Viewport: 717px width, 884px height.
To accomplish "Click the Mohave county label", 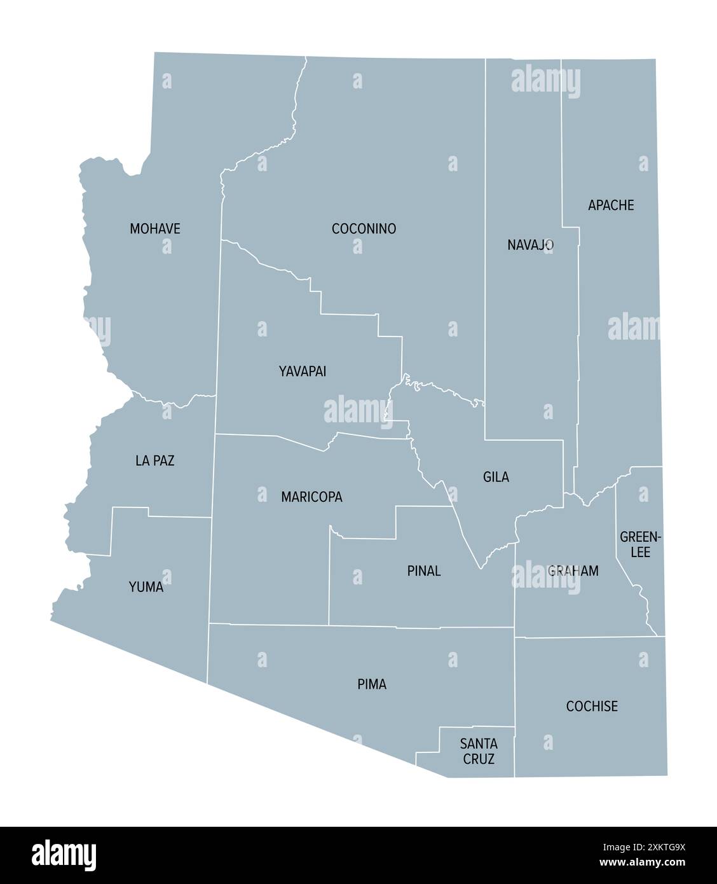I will tap(155, 228).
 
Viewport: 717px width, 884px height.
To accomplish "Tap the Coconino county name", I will tap(364, 228).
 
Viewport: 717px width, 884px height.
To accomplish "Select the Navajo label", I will tap(530, 244).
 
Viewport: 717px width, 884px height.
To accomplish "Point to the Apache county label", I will tap(611, 205).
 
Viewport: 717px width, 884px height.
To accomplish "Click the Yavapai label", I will tap(303, 371).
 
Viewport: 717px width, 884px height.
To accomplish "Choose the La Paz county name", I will tap(155, 460).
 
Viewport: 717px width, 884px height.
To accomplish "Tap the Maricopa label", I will tap(311, 497).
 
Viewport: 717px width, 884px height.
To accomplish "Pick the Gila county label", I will tap(496, 476).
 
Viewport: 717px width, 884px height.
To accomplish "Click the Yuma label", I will tap(146, 586).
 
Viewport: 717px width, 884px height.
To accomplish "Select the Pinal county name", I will tap(424, 570).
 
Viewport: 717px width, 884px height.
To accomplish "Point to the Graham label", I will tap(573, 570).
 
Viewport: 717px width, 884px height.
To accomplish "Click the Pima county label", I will tap(372, 684).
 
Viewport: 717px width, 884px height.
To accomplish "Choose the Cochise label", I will tap(592, 706).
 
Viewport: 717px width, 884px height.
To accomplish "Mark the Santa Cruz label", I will tap(479, 750).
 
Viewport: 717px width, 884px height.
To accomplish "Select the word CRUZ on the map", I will tap(479, 758).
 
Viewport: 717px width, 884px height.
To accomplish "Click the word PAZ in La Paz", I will tap(163, 460).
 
